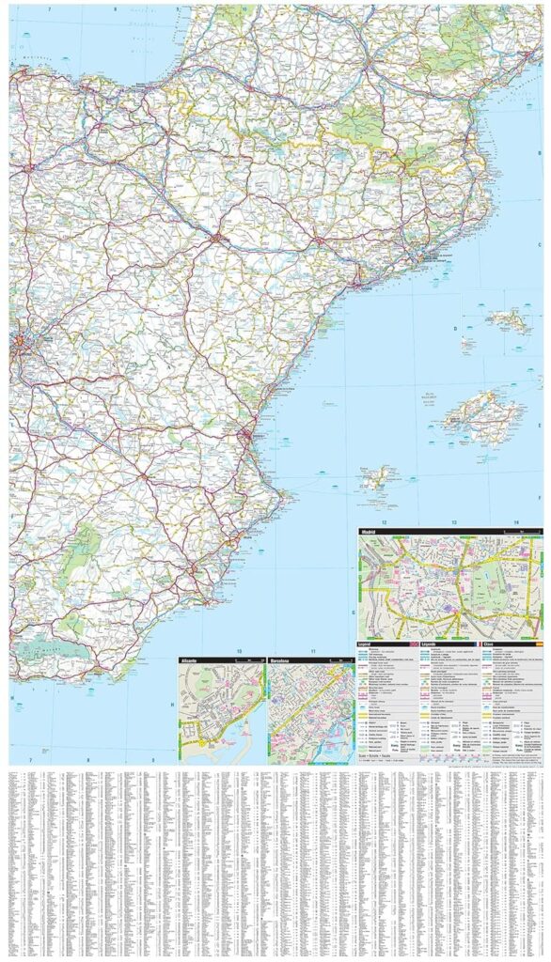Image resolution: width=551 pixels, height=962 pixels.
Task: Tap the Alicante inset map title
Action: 190,662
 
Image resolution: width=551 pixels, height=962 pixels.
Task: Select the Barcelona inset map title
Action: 282,662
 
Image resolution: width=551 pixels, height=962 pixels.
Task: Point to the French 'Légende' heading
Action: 429,644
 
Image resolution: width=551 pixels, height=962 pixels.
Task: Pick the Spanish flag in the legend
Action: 539,644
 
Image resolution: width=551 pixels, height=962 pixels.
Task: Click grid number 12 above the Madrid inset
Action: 384,521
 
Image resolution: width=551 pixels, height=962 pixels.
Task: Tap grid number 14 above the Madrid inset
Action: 515,521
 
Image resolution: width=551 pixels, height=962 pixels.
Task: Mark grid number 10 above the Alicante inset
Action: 239,651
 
